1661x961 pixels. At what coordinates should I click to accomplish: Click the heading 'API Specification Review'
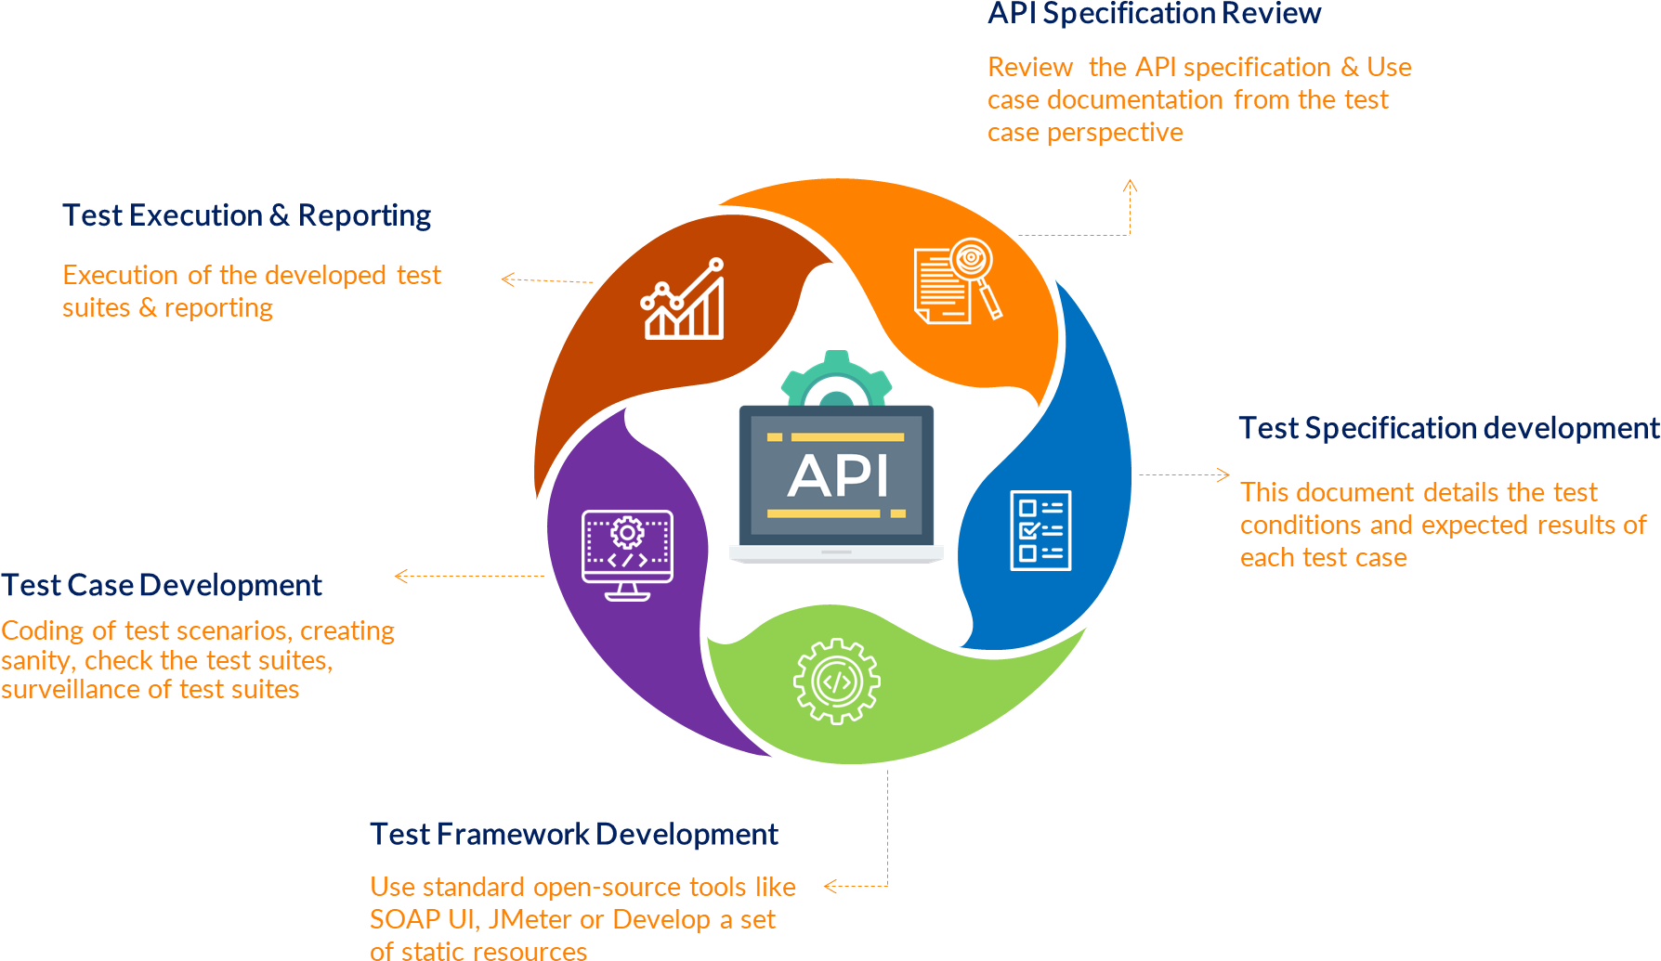coord(1154,13)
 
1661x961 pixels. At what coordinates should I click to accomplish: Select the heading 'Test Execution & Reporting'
coord(246,215)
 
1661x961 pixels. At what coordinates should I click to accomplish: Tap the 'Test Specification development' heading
coord(1448,428)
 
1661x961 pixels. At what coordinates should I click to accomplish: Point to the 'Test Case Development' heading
coord(162,585)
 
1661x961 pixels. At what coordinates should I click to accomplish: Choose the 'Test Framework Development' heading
coord(573,834)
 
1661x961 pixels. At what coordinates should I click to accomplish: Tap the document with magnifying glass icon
coord(958,280)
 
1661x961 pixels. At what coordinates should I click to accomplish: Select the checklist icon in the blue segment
coord(1040,530)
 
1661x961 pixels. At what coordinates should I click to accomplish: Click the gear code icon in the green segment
coord(837,682)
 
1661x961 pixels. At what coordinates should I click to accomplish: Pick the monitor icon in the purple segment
coord(627,554)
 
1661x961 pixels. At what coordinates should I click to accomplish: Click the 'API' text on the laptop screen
coord(838,476)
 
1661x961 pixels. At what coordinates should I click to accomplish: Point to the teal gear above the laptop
coord(836,376)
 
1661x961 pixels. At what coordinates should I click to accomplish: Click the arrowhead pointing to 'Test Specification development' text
coord(1223,474)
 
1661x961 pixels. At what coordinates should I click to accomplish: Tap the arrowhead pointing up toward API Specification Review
coord(1130,186)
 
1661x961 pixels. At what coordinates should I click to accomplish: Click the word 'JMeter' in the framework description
coord(530,919)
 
